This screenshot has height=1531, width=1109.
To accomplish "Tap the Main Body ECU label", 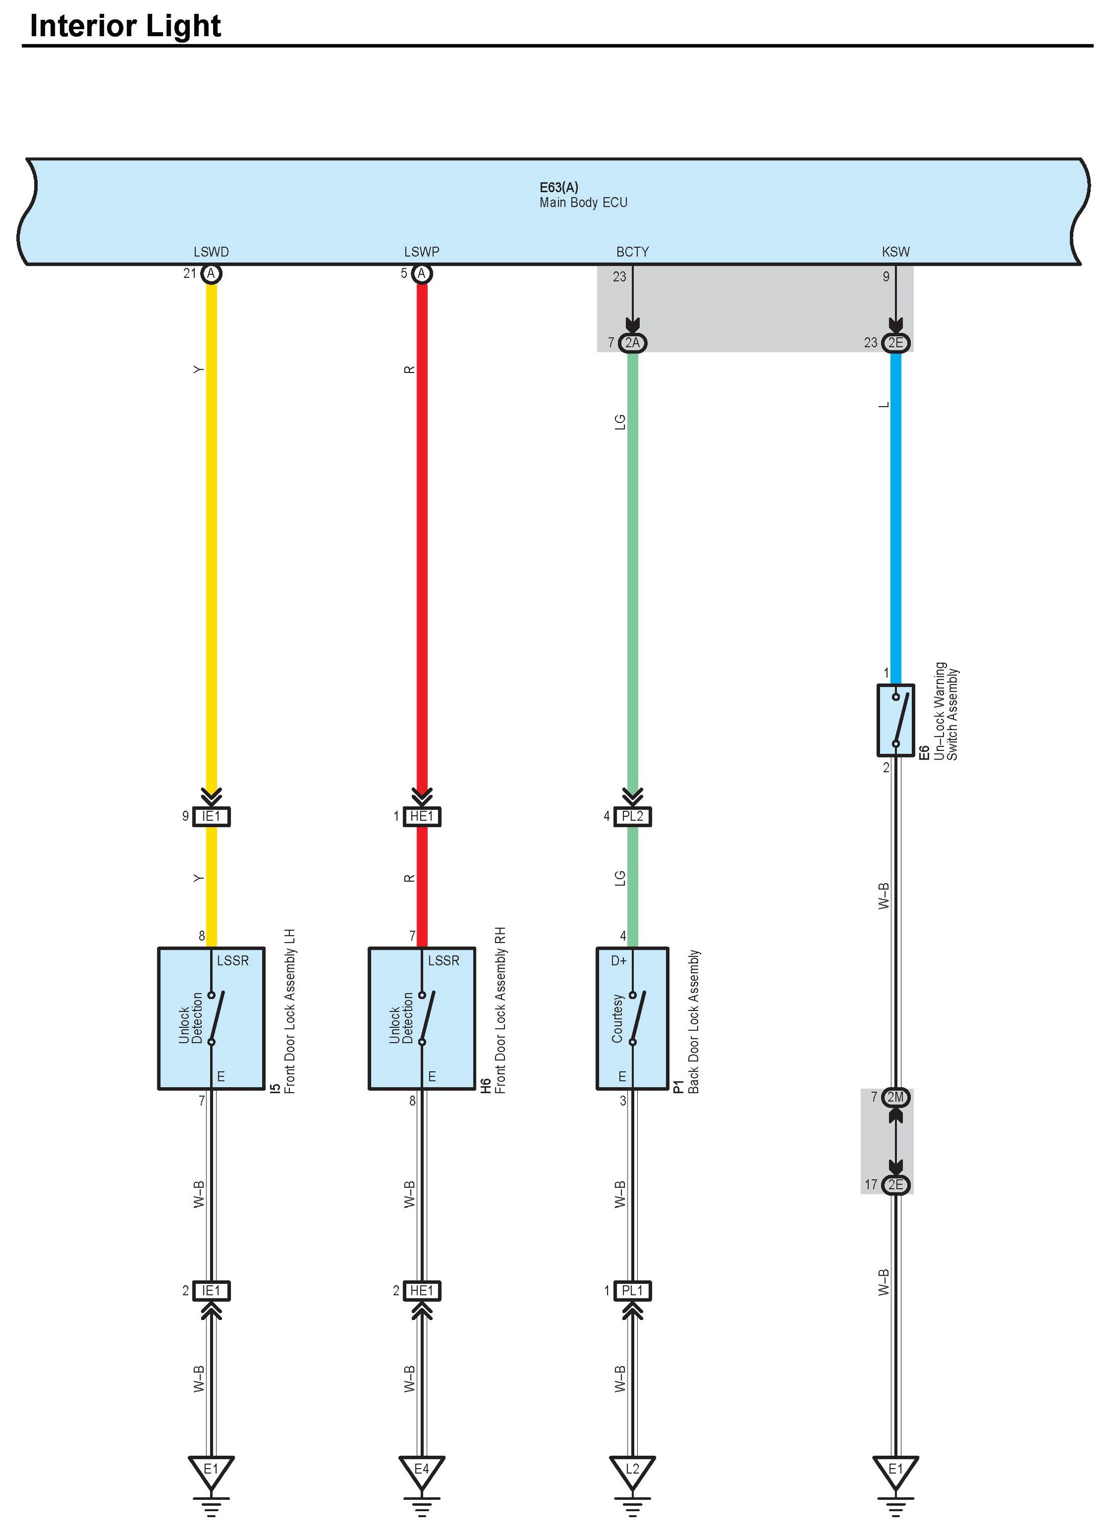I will point(583,202).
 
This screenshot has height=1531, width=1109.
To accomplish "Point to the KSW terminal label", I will point(895,252).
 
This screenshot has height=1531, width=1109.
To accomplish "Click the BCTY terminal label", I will point(632,252).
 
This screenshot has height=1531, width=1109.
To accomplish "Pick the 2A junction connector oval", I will point(632,343).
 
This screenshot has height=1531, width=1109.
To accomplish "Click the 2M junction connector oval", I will point(895,1097).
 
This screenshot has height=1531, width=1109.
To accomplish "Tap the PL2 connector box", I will point(632,816).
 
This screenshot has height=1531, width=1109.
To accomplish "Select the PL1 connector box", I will point(632,1291).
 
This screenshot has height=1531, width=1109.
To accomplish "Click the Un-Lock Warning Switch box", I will point(895,720).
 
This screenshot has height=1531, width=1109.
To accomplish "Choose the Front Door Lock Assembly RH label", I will point(500,1010).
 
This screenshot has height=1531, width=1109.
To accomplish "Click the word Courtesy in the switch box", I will point(617,1018).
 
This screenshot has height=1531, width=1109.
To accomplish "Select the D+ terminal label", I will point(619,960).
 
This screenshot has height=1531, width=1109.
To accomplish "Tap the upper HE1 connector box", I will point(422,816).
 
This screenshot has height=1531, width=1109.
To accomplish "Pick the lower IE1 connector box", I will point(212,1291).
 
